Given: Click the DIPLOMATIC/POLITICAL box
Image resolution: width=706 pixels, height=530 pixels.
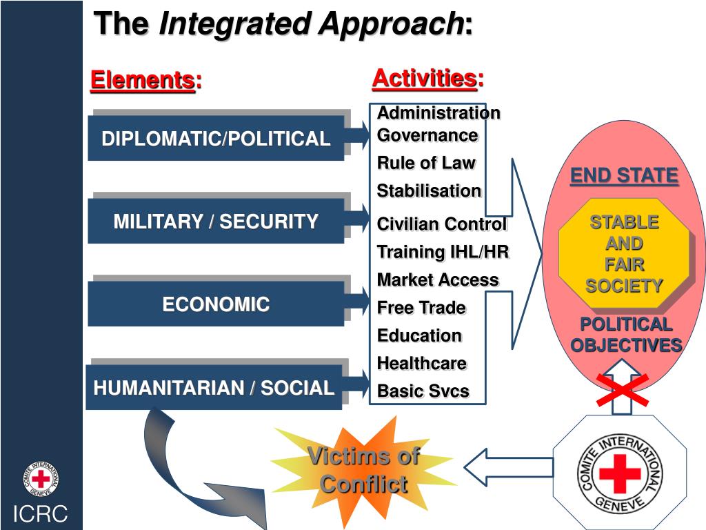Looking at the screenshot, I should coord(215,139).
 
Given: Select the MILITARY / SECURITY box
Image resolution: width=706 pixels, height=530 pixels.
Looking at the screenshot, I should coord(215,222).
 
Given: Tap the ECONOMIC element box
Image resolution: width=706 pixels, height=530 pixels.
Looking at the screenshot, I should coord(215,304).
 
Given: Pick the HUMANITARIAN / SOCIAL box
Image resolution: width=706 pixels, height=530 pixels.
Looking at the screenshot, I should coord(214,388).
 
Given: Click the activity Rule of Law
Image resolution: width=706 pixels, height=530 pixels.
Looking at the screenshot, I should coord(426,163).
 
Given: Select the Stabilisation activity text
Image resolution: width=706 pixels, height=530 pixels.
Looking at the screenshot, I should coord(429,191).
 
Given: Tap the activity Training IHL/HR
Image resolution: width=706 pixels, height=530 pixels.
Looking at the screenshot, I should coord(443,252).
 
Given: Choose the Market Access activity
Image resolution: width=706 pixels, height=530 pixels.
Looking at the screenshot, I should coord(438,279).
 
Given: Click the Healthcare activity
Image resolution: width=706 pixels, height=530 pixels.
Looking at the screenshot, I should coord(421,363).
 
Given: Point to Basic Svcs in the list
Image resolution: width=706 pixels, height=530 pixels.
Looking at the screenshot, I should coord(423,391).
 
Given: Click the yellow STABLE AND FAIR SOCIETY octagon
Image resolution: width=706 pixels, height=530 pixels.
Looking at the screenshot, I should coord(624,253).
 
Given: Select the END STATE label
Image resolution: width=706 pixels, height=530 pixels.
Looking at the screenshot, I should coord(624,176).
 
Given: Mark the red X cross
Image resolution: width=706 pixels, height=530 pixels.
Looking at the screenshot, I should coord(623,389).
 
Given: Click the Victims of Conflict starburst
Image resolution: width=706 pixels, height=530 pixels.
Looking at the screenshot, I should coord(363,469).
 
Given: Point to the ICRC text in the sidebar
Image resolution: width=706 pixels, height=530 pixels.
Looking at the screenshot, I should coord(41,514).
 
